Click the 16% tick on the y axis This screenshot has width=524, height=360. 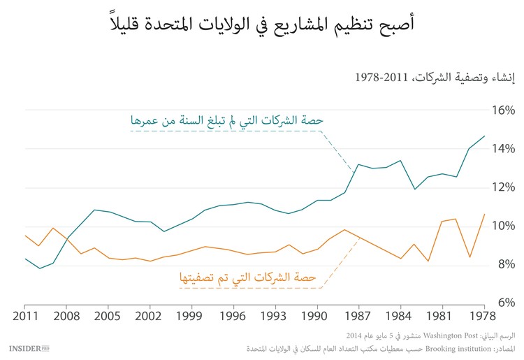pos(502,110)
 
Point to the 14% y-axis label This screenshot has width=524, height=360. pos(502,149)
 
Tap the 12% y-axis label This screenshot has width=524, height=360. pos(502,187)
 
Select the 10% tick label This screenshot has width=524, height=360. pos(502,226)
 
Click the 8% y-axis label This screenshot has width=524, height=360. pos(504,264)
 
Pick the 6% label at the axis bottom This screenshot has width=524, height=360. pos(504,303)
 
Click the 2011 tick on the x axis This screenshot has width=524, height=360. pos(24,315)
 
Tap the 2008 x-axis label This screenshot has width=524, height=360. pos(66,315)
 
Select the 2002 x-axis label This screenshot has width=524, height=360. pos(150,315)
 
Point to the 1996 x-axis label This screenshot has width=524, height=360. pos(233,315)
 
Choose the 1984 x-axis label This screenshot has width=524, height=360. pos(400,315)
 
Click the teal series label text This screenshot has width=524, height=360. pos(226,120)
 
